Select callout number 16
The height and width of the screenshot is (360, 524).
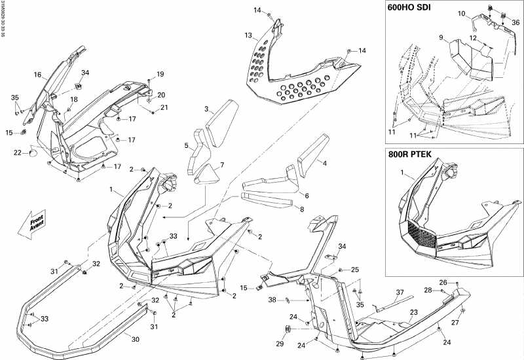pos(37,75)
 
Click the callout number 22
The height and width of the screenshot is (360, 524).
pos(17,153)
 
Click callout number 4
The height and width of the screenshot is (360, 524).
pos(323,162)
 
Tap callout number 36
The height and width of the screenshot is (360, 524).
pos(515,22)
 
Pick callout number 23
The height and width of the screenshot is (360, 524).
pos(413,312)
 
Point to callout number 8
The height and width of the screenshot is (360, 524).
pos(302,209)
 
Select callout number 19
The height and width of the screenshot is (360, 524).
pos(159,73)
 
